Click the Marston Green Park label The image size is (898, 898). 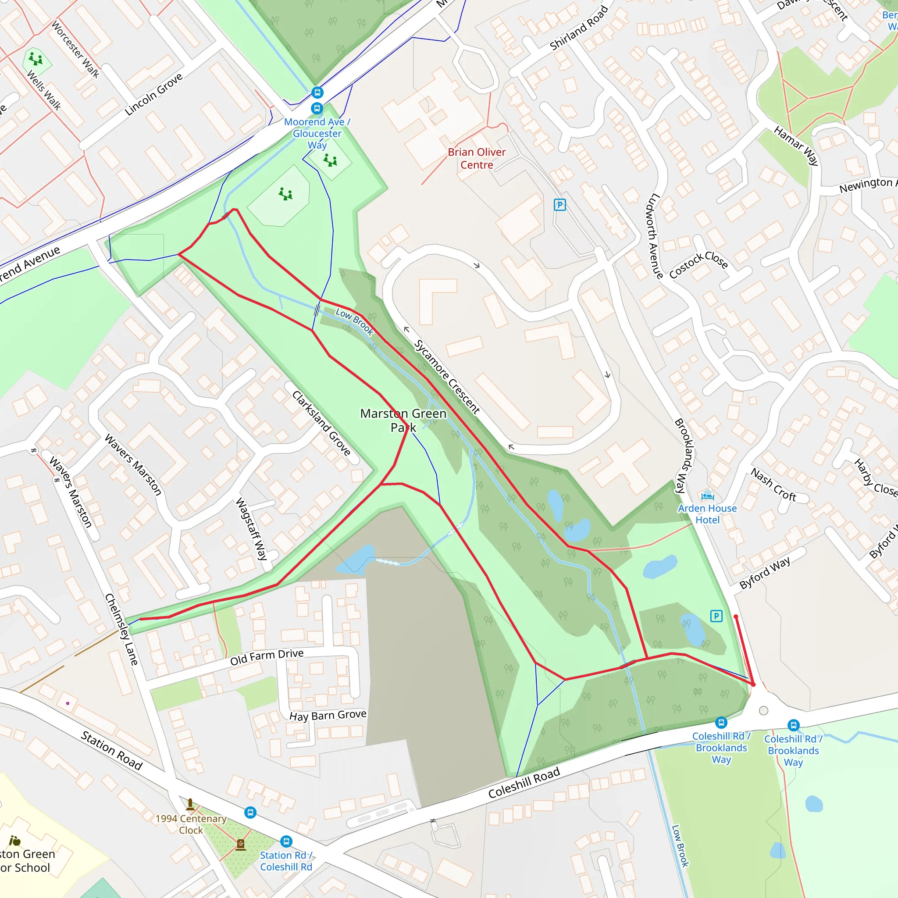403,420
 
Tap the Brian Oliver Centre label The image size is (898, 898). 477,158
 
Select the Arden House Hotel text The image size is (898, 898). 707,514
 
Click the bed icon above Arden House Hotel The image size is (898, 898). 707,495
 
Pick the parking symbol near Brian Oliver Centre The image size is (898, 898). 559,204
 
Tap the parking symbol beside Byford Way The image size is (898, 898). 716,616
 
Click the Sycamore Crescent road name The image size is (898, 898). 447,377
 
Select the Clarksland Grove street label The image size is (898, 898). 321,423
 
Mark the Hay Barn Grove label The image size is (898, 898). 328,715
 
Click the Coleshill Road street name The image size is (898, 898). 524,783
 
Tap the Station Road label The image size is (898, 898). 111,750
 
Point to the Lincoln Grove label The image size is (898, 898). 154,94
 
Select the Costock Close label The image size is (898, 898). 698,264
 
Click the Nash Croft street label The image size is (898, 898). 773,485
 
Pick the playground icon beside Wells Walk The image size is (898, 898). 36,59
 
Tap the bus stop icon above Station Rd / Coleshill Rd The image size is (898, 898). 286,841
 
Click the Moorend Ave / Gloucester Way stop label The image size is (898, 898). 317,133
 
